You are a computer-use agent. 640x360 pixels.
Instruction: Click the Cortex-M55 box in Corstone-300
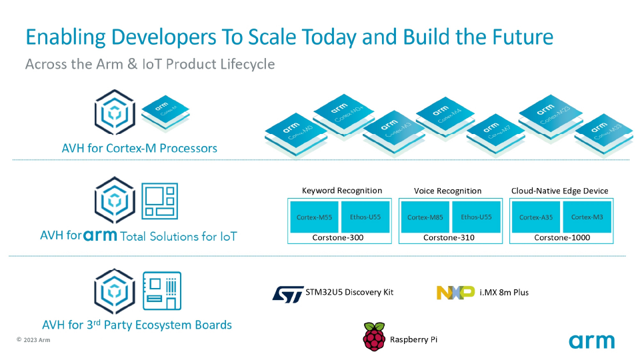pos(315,217)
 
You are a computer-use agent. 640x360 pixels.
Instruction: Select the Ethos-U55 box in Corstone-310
pos(477,217)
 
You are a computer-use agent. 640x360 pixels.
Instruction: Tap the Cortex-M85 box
pos(425,217)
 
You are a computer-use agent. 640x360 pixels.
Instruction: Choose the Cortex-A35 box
pos(535,217)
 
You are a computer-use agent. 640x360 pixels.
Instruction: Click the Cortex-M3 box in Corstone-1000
pos(587,217)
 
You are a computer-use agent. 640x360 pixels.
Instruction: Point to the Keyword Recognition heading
pos(342,191)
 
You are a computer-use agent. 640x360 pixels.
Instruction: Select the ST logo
pos(288,293)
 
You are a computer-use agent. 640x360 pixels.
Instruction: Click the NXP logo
pos(455,292)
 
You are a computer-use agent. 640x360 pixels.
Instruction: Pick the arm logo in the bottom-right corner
pos(591,341)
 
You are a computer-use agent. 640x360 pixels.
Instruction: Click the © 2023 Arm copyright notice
pos(33,340)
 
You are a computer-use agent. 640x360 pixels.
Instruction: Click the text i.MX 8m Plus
pos(504,292)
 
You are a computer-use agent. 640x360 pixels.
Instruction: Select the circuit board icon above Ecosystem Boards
pos(163,291)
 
